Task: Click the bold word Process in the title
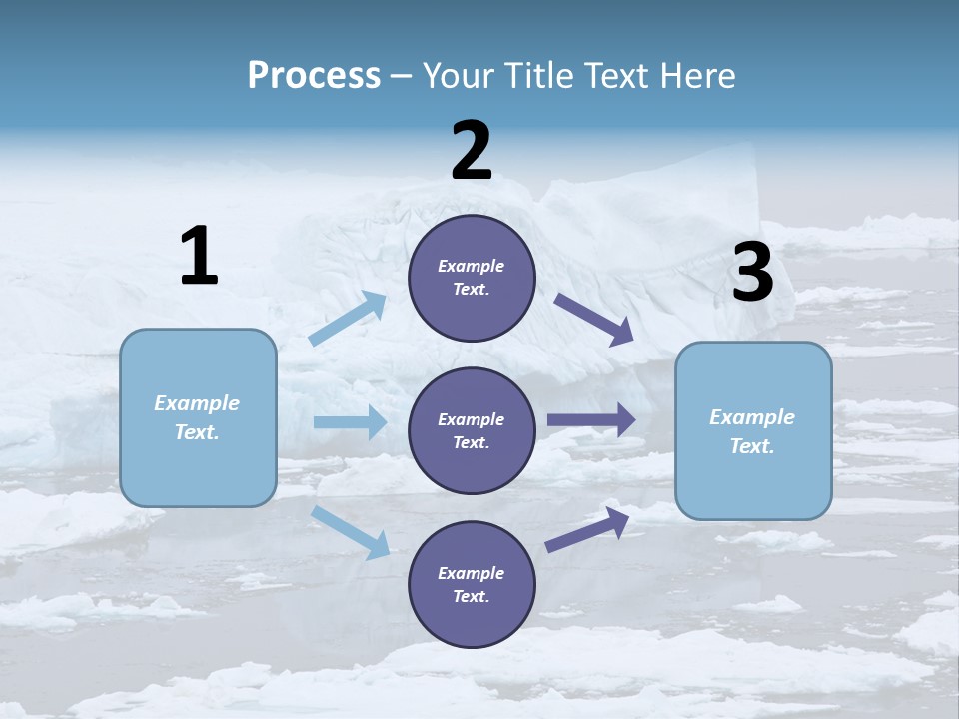pyautogui.click(x=314, y=75)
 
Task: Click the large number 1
pyautogui.click(x=199, y=256)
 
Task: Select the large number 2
pyautogui.click(x=472, y=151)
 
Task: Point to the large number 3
pyautogui.click(x=752, y=273)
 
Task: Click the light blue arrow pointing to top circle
pyautogui.click(x=348, y=318)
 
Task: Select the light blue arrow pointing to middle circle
pyautogui.click(x=350, y=422)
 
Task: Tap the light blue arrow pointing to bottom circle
pyautogui.click(x=350, y=531)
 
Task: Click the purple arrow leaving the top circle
pyautogui.click(x=593, y=319)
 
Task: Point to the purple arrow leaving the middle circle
pyautogui.click(x=591, y=419)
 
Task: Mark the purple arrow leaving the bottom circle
pyautogui.click(x=587, y=530)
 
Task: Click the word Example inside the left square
pyautogui.click(x=197, y=403)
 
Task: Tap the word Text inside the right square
pyautogui.click(x=751, y=446)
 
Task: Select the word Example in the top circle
pyautogui.click(x=471, y=266)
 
